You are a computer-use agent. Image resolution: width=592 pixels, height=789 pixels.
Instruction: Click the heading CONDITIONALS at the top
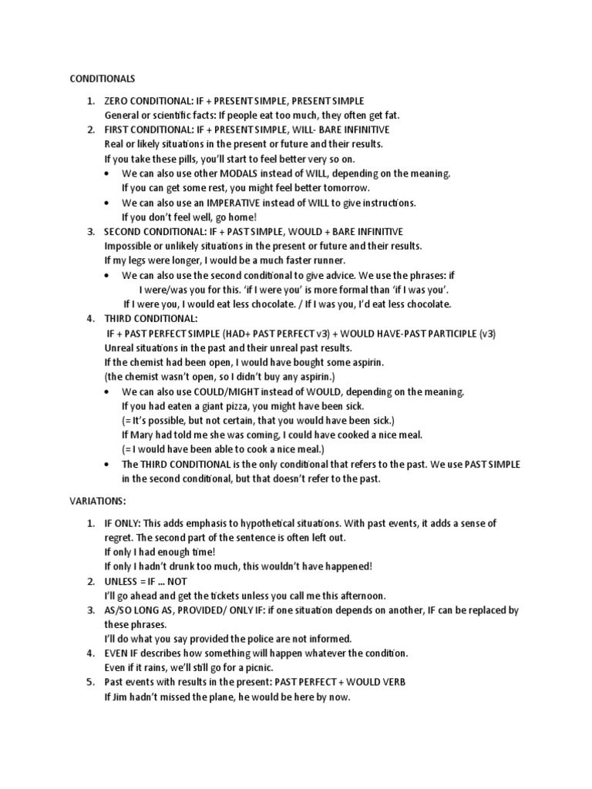pyautogui.click(x=103, y=79)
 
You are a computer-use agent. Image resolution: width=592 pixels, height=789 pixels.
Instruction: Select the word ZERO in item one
pyautogui.click(x=118, y=101)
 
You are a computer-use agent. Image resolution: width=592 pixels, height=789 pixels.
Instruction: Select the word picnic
pyautogui.click(x=255, y=667)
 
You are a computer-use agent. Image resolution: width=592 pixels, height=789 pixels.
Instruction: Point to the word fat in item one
pyautogui.click(x=390, y=116)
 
